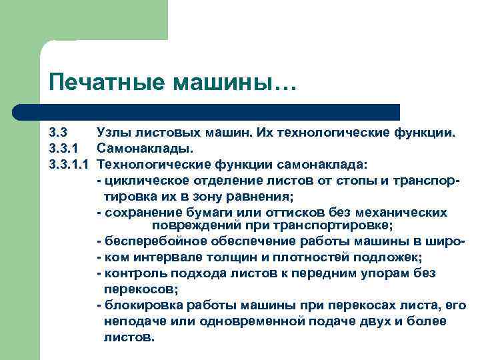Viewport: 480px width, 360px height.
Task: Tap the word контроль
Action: (131, 273)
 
